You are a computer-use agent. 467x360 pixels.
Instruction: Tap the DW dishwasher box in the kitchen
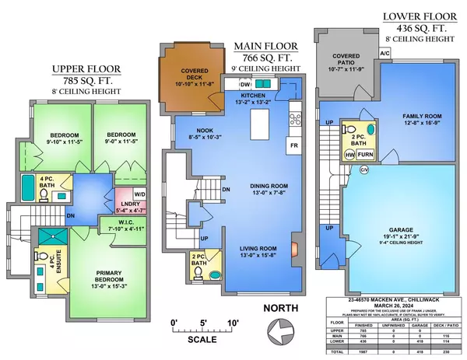pyautogui.click(x=245, y=85)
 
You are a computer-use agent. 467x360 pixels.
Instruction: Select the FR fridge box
pyautogui.click(x=294, y=145)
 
